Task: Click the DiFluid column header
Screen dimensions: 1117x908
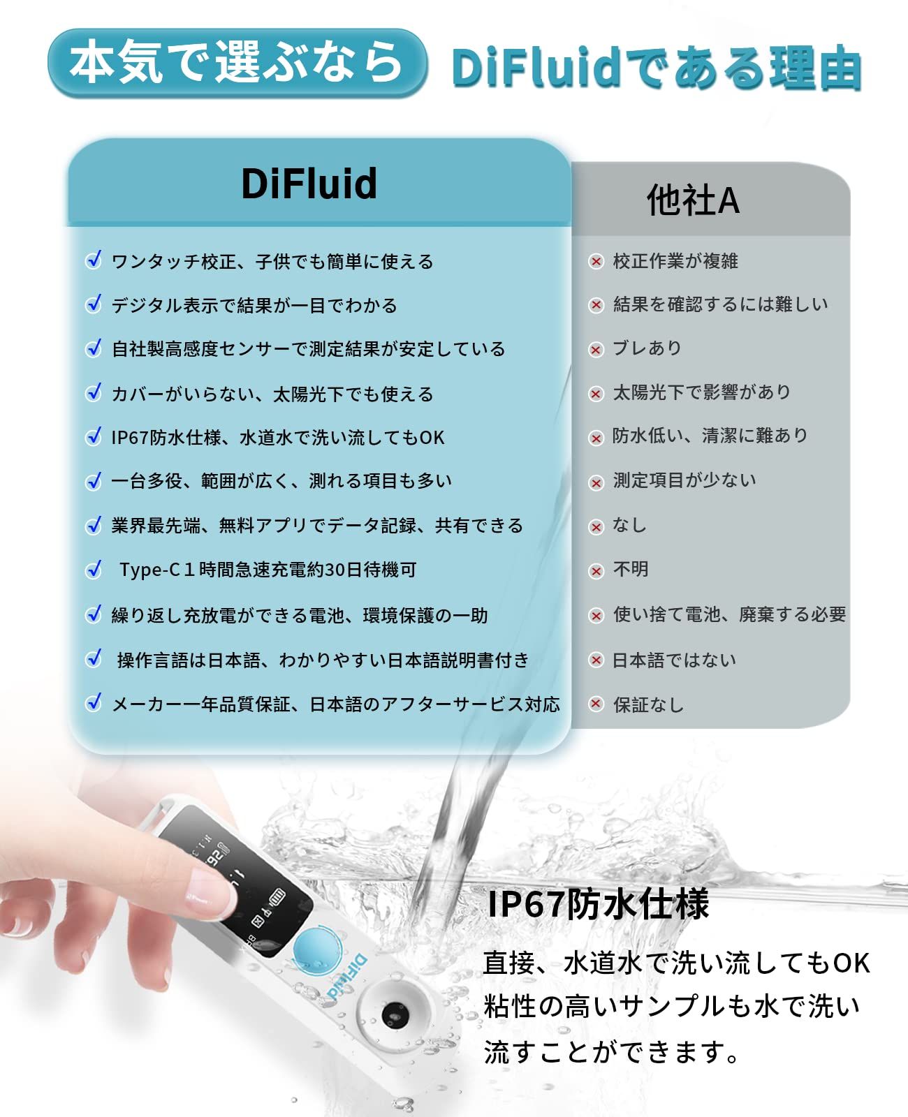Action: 309,184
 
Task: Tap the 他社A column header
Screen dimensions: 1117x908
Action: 692,200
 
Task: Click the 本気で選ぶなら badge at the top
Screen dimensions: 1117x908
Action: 237,63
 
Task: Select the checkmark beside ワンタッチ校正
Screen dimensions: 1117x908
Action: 94,260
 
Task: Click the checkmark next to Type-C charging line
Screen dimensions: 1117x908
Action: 94,570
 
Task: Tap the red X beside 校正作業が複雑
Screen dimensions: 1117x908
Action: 596,262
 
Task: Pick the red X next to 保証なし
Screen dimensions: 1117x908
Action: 596,704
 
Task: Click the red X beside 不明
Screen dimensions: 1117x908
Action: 596,571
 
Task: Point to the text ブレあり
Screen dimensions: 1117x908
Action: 647,348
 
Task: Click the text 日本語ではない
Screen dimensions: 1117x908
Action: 674,660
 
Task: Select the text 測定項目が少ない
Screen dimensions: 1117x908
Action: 684,480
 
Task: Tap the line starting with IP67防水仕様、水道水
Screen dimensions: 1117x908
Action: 278,438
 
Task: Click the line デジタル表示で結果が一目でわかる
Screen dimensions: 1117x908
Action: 254,306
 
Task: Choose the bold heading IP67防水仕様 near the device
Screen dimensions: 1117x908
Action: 598,903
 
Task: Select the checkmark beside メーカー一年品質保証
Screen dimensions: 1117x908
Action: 94,702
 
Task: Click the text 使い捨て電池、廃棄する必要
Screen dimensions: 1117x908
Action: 729,614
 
